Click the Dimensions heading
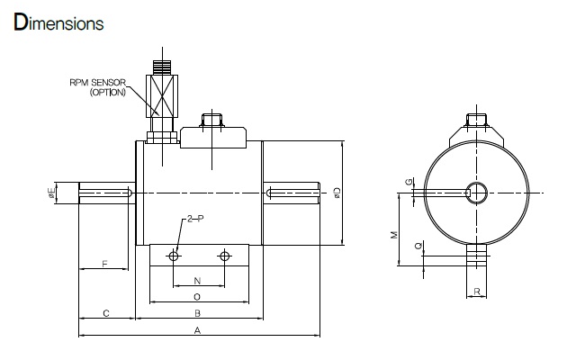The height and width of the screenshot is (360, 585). pyautogui.click(x=58, y=22)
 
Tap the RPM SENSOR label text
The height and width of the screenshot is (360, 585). pyautogui.click(x=98, y=83)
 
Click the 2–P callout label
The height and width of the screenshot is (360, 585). pyautogui.click(x=195, y=219)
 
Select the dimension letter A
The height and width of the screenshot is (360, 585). pyautogui.click(x=197, y=330)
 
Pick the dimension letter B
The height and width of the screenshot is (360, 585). pyautogui.click(x=198, y=313)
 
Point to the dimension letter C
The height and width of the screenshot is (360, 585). pyautogui.click(x=106, y=313)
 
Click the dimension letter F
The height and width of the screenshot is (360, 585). pyautogui.click(x=104, y=264)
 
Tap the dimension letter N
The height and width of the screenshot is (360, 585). pyautogui.click(x=198, y=281)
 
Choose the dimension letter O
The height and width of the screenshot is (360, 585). pyautogui.click(x=197, y=297)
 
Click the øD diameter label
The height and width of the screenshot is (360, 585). pyautogui.click(x=337, y=193)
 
